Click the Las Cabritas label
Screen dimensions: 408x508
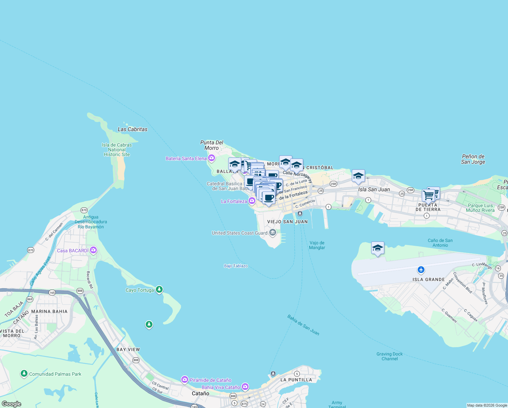132,129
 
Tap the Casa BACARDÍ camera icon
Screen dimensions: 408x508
93,251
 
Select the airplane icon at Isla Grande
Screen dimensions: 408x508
421,270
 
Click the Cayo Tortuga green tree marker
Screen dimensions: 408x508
159,290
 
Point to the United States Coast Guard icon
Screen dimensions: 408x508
272,233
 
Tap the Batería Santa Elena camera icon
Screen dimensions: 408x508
212,158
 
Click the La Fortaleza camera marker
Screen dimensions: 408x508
252,201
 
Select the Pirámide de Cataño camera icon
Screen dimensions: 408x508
185,380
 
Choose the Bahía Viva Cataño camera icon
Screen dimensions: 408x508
245,387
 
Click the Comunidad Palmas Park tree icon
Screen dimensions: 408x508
24,374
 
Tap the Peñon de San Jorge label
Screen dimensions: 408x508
473,159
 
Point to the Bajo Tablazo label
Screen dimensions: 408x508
236,266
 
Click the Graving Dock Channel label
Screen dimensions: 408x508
389,356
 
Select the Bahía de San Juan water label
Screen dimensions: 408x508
303,325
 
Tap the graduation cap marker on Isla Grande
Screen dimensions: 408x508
378,248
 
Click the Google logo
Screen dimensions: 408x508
12,404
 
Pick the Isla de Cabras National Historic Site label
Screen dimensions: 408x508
117,150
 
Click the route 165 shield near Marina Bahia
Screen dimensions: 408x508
52,292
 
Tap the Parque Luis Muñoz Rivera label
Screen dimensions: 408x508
480,208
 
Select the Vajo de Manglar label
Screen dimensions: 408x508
317,245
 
